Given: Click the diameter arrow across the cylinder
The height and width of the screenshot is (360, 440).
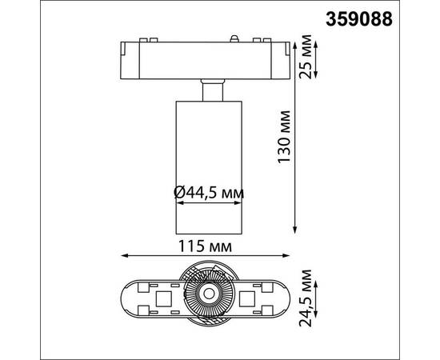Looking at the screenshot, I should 208,207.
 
